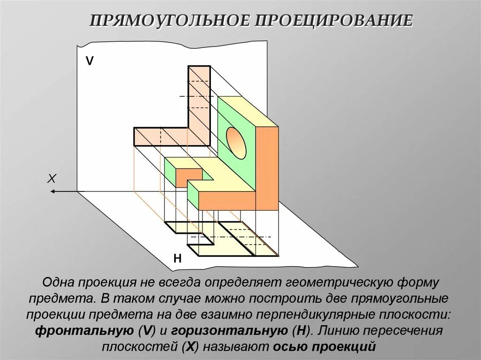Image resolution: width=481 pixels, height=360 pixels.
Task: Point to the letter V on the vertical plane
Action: (89, 61)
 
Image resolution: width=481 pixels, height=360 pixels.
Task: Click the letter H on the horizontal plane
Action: (177, 259)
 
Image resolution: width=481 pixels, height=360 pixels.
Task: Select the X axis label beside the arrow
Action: (52, 178)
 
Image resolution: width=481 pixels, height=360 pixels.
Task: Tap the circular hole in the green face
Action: (236, 143)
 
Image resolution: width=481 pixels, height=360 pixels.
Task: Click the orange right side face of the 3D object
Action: (267, 169)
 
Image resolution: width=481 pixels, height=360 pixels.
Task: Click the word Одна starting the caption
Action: (58, 283)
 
